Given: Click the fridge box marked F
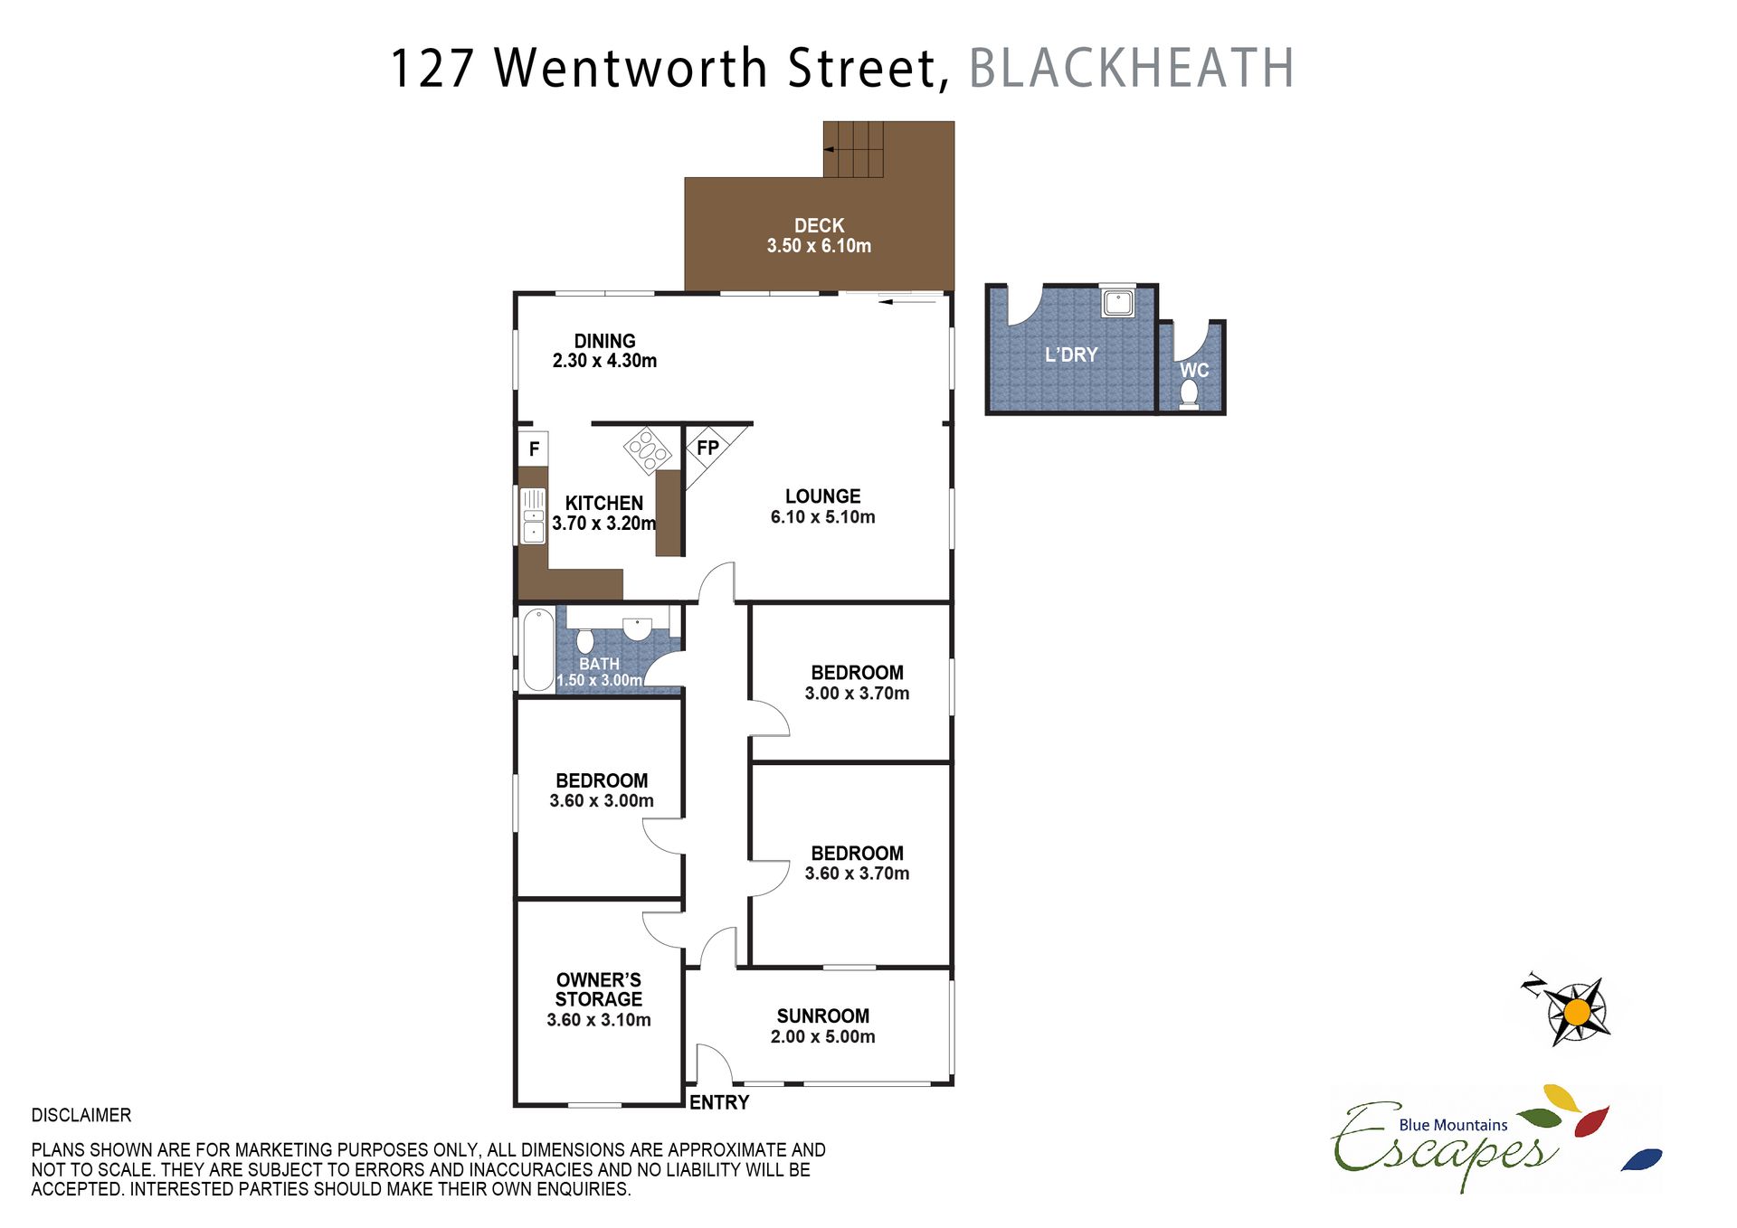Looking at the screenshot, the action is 534,448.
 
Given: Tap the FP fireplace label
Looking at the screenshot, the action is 707,447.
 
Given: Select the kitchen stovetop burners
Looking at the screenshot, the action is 647,450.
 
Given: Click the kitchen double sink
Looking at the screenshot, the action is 533,515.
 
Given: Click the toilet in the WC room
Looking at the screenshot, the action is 1189,394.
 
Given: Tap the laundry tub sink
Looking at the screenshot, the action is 1118,302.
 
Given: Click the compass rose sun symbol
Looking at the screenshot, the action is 1577,1011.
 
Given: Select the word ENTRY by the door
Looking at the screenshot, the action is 719,1102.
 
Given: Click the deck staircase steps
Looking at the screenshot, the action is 853,149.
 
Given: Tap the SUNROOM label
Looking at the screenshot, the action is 822,1015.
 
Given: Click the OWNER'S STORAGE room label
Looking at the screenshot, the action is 599,989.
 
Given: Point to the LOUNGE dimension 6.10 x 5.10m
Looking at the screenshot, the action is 822,517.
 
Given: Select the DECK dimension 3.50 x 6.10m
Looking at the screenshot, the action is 819,246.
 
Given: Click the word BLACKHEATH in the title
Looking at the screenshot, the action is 1132,68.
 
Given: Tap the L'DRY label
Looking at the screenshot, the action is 1071,354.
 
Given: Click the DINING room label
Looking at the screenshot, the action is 604,341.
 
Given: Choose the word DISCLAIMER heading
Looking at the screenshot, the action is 81,1115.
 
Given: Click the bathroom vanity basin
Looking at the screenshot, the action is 637,628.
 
